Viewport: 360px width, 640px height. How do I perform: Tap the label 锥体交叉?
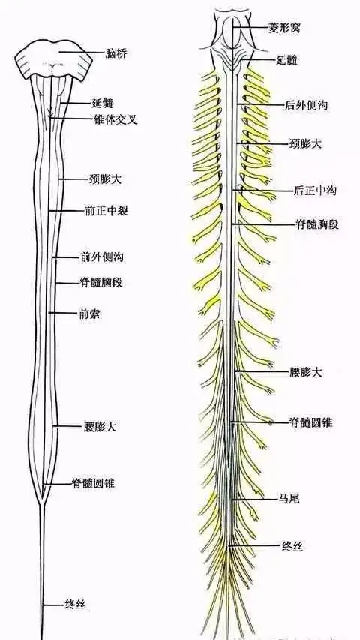110,119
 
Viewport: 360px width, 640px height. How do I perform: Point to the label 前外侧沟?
102,257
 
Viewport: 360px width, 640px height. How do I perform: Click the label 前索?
90,313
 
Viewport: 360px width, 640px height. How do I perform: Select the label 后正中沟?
314,191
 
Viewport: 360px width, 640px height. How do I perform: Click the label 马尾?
289,497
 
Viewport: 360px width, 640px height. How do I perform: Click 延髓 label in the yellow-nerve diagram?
287,59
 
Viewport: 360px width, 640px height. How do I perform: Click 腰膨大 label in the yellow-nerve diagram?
306,371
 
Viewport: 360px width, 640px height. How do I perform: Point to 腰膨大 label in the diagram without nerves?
100,427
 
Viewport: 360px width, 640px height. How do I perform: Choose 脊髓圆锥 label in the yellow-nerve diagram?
311,422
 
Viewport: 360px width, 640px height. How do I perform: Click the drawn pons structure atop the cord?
54,60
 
